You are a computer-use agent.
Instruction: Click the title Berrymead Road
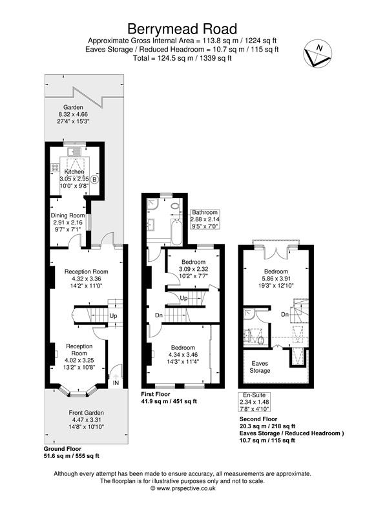pyautogui.click(x=182, y=28)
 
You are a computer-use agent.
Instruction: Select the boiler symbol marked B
pyautogui.click(x=94, y=179)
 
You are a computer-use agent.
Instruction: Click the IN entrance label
pyautogui.click(x=116, y=384)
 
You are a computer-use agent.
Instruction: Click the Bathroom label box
pyautogui.click(x=204, y=213)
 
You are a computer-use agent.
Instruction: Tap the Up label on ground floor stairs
pyautogui.click(x=113, y=316)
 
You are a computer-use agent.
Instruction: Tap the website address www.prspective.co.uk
pyautogui.click(x=182, y=489)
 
